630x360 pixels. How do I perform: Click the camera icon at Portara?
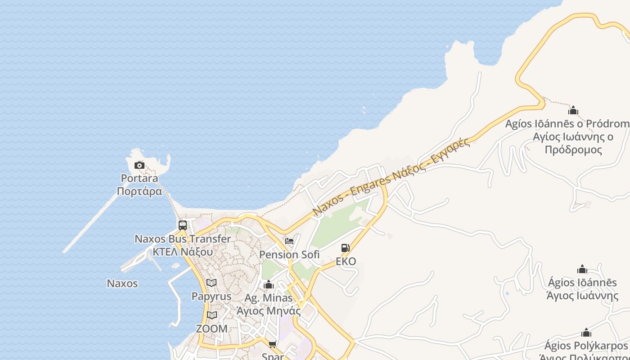coord(139,165)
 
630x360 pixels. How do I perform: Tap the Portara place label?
coord(139,178)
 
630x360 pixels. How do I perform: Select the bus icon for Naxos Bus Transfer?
coord(183,225)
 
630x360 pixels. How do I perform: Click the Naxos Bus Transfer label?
coord(183,239)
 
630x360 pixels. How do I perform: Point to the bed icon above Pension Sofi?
coord(289,241)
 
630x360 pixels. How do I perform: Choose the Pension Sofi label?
coord(289,255)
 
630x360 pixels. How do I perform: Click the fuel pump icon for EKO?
coord(345,248)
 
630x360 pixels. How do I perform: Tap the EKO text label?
coord(346,261)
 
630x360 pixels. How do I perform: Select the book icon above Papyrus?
coord(211,283)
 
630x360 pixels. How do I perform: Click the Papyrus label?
coord(211,297)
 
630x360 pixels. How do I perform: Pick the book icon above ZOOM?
coord(211,315)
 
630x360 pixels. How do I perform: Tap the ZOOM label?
coord(211,329)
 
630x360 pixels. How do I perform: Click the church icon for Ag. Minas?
coord(269,284)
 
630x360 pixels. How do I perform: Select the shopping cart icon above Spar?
coord(273,344)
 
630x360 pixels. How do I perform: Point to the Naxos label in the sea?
coord(122,283)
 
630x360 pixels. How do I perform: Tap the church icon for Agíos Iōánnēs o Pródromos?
coord(573,110)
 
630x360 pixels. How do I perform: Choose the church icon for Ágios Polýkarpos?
coord(586,333)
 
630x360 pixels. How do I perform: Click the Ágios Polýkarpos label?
coord(585,346)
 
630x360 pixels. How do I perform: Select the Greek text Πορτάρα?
coord(139,191)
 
